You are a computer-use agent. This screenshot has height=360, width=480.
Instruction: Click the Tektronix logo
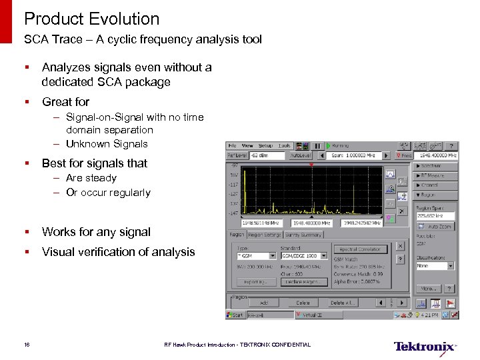click(425, 347)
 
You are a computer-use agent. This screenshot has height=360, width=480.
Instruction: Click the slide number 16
click(27, 345)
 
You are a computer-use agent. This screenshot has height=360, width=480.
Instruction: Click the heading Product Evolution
click(92, 19)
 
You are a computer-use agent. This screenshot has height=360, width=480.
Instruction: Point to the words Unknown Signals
click(107, 144)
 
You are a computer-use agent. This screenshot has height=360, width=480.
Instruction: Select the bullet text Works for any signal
click(96, 232)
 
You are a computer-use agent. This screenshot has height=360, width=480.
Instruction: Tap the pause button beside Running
click(317, 145)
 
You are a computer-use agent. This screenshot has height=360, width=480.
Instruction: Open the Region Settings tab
click(265, 235)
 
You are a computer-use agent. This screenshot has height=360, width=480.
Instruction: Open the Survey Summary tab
click(303, 235)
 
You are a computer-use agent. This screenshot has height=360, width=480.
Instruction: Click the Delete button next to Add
click(303, 303)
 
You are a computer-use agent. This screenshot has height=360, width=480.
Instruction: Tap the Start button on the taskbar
click(235, 315)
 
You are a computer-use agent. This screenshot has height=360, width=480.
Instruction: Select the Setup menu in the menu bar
click(265, 145)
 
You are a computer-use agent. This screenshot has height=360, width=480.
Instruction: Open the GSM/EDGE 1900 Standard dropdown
click(305, 255)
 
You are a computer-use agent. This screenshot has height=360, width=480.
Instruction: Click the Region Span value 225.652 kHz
click(435, 215)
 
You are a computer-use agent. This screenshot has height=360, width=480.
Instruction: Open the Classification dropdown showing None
click(435, 266)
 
